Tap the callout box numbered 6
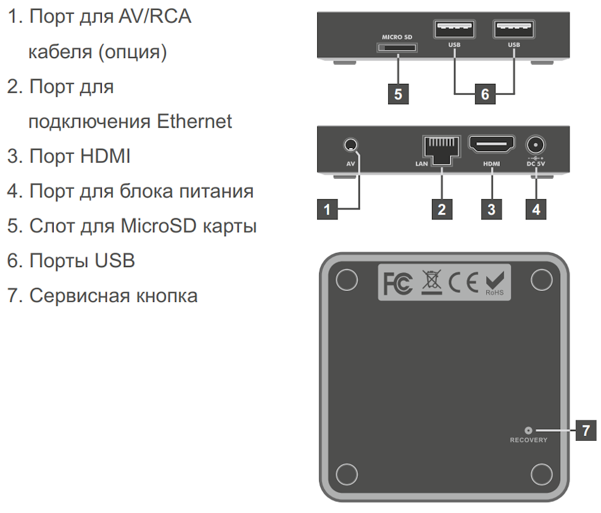pos(484,94)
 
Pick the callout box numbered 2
pos(441,210)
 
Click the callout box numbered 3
pos(491,210)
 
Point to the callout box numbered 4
pos(536,210)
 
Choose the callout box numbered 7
pos(586,430)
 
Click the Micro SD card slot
pos(396,47)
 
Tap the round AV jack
pos(350,146)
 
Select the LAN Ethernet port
pos(441,149)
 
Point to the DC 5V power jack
pos(535,146)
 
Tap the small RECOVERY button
pos(528,430)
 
